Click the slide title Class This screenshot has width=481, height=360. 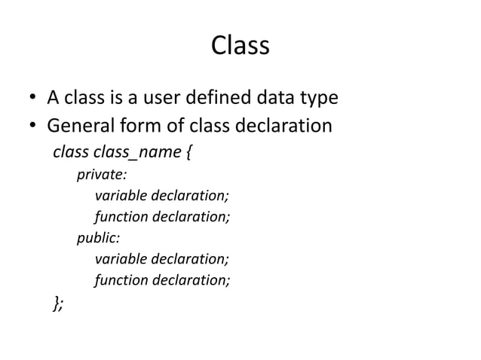(240, 47)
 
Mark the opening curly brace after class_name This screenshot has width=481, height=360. (186, 154)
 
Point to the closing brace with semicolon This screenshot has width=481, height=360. (58, 303)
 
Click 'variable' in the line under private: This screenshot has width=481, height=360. (121, 197)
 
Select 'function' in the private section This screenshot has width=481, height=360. (121, 218)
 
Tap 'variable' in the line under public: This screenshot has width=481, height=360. (121, 261)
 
